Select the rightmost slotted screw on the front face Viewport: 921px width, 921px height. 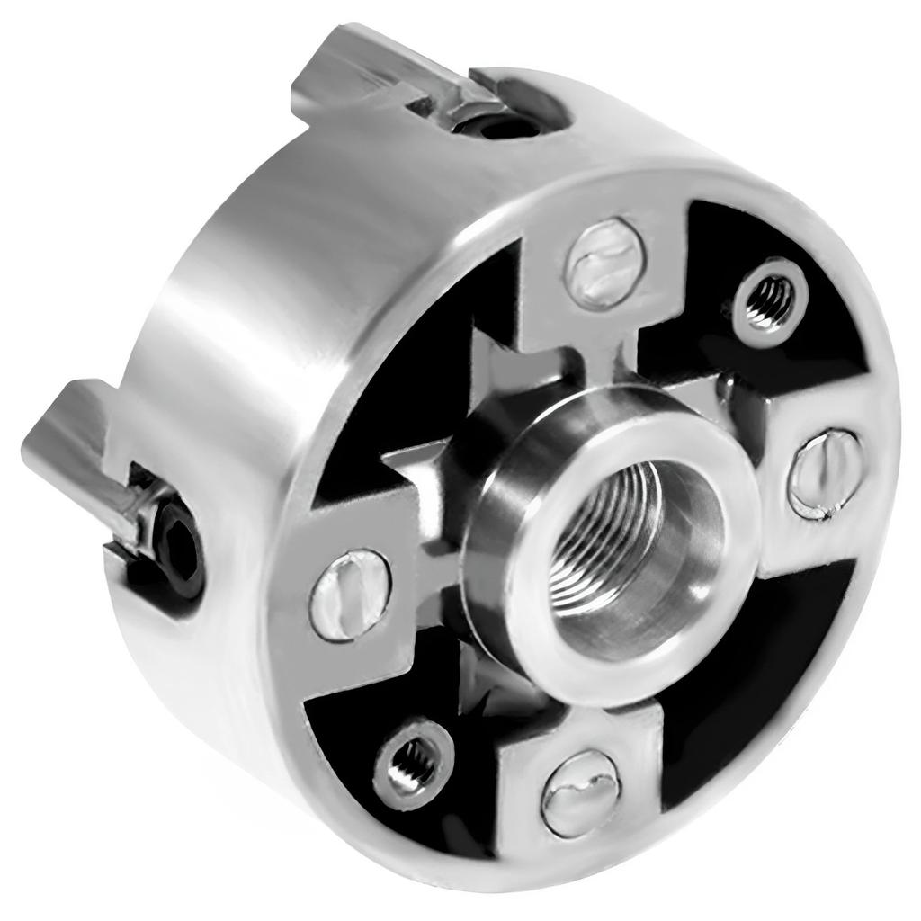pos(826,474)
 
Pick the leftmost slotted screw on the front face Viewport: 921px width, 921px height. pos(350,595)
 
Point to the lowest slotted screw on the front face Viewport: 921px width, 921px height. pos(581,792)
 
